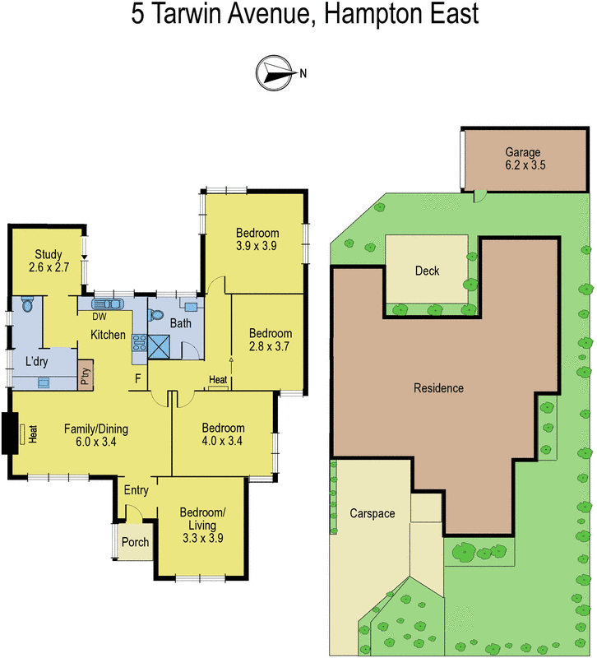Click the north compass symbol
(275, 72)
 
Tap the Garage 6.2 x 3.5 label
(522, 159)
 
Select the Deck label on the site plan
(427, 271)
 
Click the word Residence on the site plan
(438, 388)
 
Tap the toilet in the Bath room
(157, 313)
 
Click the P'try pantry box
(85, 374)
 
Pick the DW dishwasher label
(99, 317)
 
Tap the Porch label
(134, 543)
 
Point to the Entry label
(136, 490)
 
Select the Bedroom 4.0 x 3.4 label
(223, 434)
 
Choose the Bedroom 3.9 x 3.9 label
(257, 239)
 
